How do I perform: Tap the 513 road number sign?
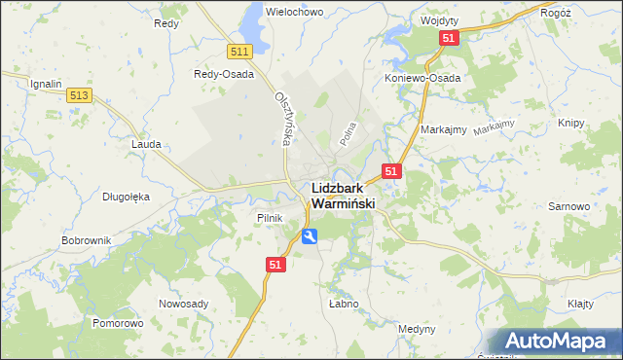coord(80,94)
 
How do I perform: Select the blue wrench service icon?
coord(309,235)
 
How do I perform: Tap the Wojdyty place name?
coord(441,20)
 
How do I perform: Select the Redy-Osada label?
coord(224,74)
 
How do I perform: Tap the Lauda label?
coord(145,143)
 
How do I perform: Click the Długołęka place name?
coord(126,196)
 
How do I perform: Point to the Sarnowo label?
coord(569,207)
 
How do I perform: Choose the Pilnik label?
coord(269,218)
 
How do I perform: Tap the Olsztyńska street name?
coord(283,119)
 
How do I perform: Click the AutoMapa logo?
coord(560,342)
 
